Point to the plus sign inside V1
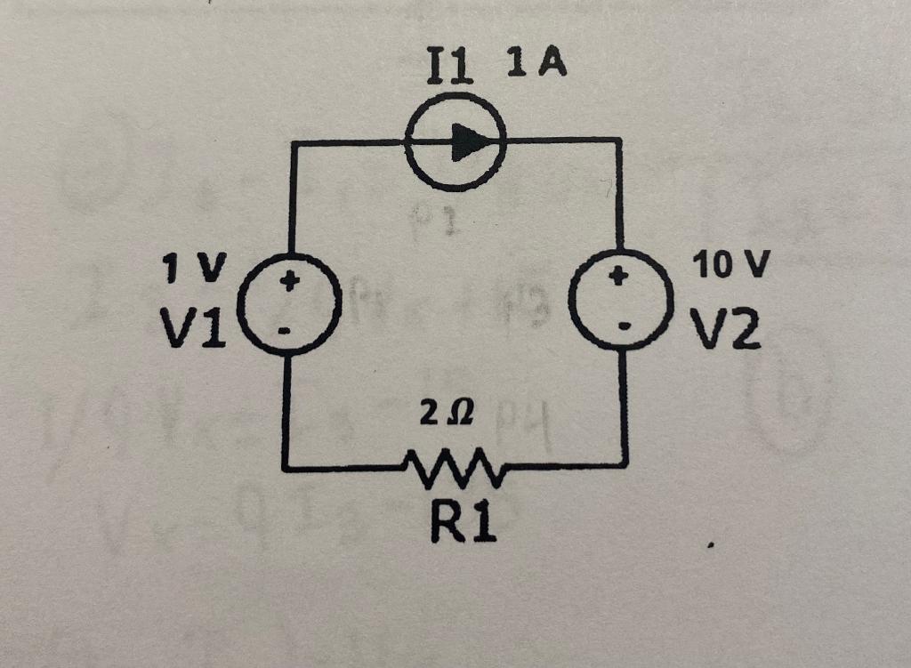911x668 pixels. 287,284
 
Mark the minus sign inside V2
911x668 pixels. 624,328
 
